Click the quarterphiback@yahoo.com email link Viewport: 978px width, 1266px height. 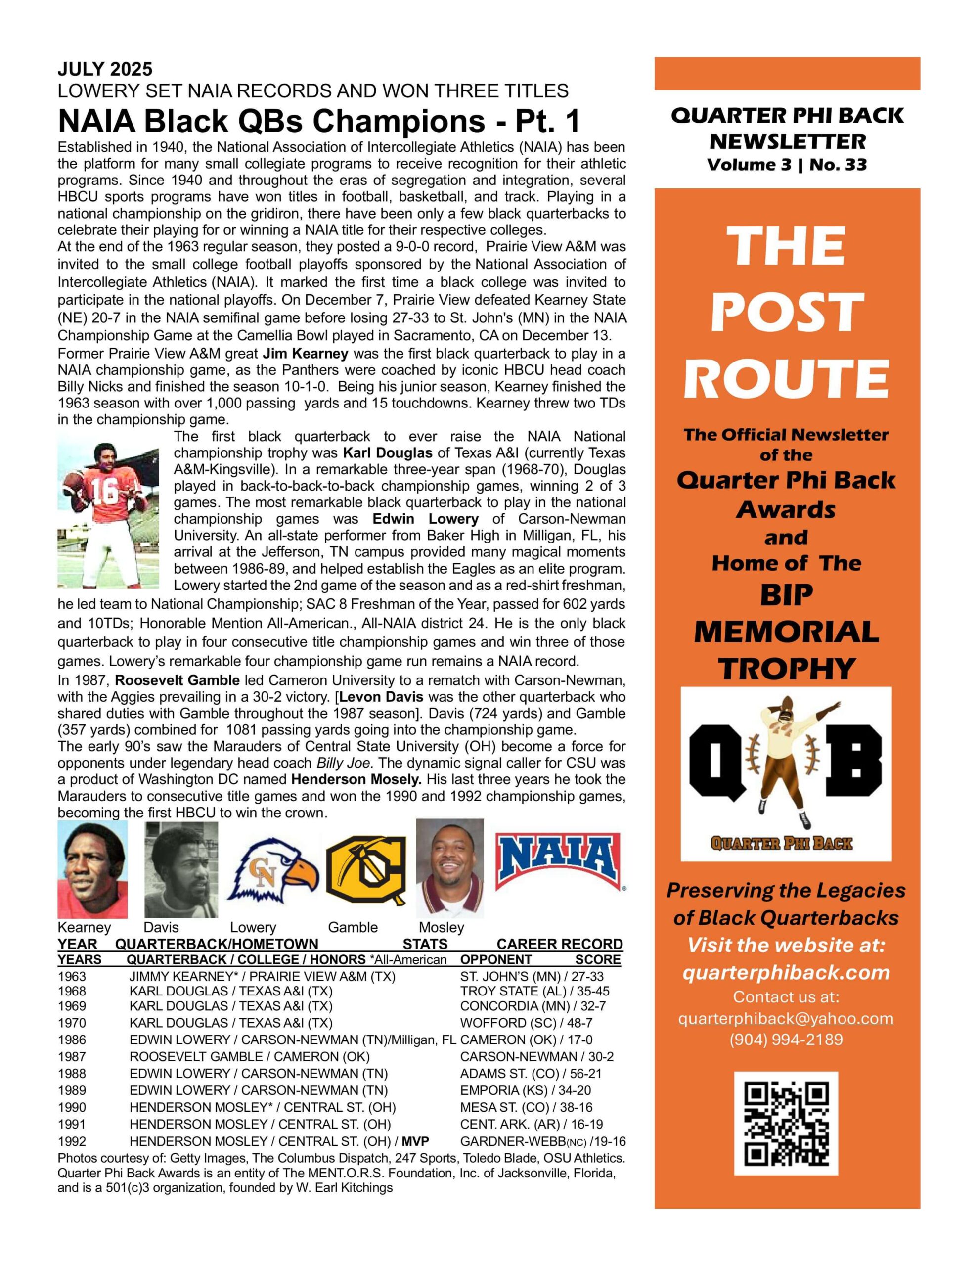pyautogui.click(x=786, y=1018)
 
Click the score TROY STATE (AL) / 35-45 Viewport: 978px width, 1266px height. pyautogui.click(x=534, y=991)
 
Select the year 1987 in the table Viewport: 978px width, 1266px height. pyautogui.click(x=72, y=1057)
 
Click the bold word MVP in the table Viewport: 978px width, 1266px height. pyautogui.click(x=415, y=1141)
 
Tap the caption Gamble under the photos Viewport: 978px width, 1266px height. pyautogui.click(x=353, y=927)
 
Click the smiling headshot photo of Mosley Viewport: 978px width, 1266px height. pyautogui.click(x=450, y=868)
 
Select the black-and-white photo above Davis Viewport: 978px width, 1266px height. pyautogui.click(x=181, y=869)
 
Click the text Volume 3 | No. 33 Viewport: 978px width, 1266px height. pyautogui.click(x=787, y=165)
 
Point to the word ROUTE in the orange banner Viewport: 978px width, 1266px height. pyautogui.click(x=787, y=377)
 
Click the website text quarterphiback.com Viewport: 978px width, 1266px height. pyautogui.click(x=786, y=973)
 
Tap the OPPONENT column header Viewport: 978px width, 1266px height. pyautogui.click(x=495, y=959)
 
